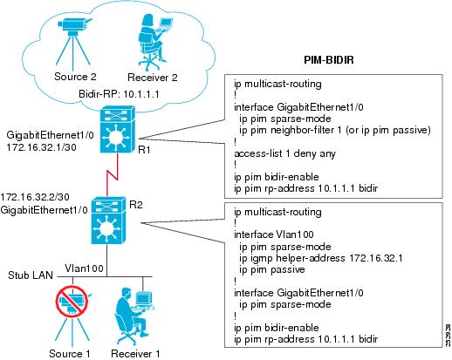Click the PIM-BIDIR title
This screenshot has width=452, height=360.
click(329, 60)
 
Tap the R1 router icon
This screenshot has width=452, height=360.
click(118, 130)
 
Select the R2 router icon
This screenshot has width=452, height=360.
click(108, 221)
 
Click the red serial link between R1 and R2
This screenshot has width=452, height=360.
click(113, 175)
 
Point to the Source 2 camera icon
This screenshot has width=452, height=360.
click(73, 41)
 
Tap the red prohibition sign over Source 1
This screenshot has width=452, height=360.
click(72, 302)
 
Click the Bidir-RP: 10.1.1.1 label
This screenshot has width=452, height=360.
click(119, 94)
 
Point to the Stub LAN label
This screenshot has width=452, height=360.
click(31, 275)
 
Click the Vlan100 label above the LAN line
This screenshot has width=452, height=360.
click(84, 268)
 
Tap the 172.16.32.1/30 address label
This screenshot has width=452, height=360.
click(41, 147)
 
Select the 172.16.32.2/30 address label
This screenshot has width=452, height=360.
click(35, 197)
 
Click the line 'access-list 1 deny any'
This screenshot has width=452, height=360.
click(284, 153)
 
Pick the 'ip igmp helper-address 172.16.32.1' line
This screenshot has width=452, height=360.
click(321, 258)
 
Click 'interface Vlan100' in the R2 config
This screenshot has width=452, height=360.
click(274, 234)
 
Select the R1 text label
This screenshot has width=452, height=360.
click(144, 150)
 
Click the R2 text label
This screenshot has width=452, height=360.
click(136, 205)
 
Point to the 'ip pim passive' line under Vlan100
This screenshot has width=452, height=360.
click(272, 269)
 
